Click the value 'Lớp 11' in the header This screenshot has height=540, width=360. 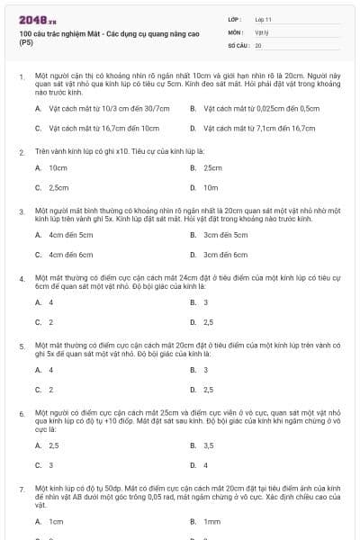(x=264, y=18)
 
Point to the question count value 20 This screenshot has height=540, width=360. (x=258, y=45)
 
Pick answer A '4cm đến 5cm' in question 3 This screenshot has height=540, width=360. (x=70, y=235)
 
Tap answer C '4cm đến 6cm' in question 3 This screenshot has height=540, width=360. (x=70, y=255)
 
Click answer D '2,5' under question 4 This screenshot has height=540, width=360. (x=208, y=322)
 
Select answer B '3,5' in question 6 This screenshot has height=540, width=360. (x=208, y=445)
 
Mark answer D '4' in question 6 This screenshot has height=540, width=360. (x=205, y=465)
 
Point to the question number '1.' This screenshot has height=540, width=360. (x=22, y=78)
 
